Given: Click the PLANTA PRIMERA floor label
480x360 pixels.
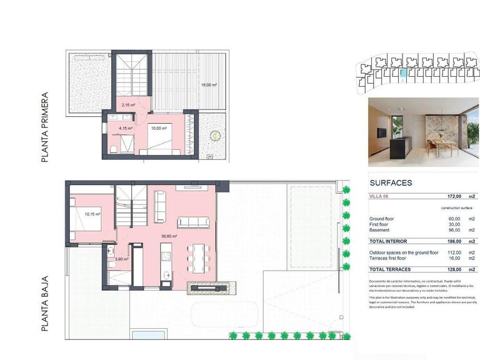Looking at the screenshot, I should pyautogui.click(x=44, y=129).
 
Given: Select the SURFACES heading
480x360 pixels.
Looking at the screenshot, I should pyautogui.click(x=391, y=183).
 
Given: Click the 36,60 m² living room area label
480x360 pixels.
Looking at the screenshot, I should pyautogui.click(x=169, y=236).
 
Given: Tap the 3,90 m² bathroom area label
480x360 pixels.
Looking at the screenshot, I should pyautogui.click(x=121, y=259).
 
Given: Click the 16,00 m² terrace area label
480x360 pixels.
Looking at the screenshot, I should pyautogui.click(x=209, y=85).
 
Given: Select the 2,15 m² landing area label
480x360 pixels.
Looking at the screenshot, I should pyautogui.click(x=129, y=105).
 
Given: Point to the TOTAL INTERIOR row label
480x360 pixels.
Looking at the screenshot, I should pyautogui.click(x=388, y=241).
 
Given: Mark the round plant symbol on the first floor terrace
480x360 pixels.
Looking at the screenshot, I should pyautogui.click(x=215, y=134).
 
